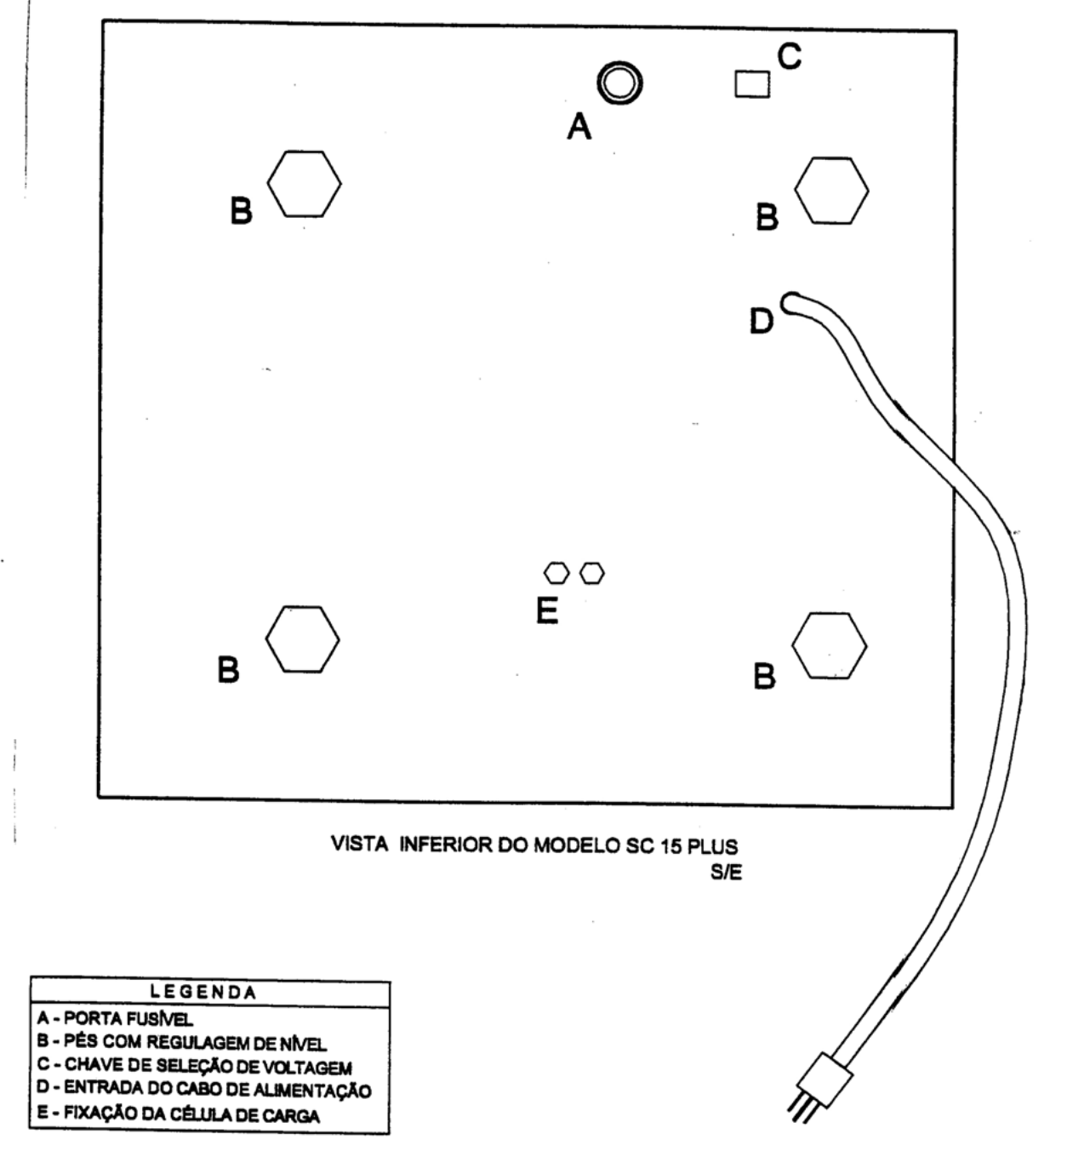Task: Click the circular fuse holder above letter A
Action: coord(619,83)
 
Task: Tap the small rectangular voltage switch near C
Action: coord(752,84)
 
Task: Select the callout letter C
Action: coord(790,57)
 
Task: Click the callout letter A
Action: coord(579,126)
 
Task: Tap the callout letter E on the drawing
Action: coord(547,610)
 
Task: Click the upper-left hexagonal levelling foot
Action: coord(304,184)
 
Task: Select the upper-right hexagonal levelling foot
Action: coord(832,190)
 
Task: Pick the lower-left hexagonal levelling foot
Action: coord(302,639)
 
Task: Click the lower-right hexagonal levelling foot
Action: coord(830,645)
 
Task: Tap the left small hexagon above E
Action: coord(556,573)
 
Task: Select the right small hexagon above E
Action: coord(592,573)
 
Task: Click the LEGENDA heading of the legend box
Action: coord(203,992)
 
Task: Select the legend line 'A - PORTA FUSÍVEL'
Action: coord(115,1018)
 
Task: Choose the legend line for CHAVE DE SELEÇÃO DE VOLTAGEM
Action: coord(194,1066)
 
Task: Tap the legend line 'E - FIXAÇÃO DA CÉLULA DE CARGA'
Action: coord(178,1114)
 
